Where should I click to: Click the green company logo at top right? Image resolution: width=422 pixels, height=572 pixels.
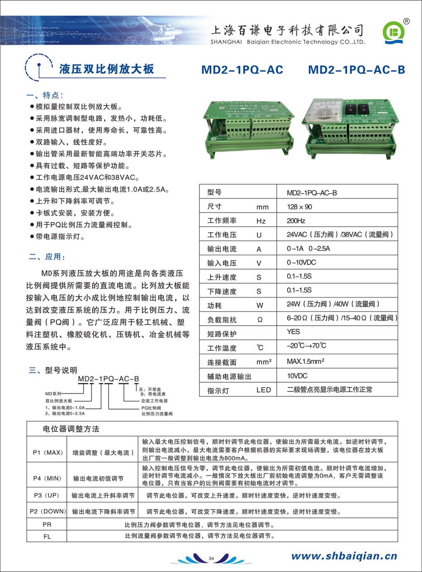pyautogui.click(x=393, y=33)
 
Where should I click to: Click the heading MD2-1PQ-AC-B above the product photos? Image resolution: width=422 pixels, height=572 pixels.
pyautogui.click(x=356, y=70)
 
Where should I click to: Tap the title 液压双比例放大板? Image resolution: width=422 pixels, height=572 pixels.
pyautogui.click(x=106, y=69)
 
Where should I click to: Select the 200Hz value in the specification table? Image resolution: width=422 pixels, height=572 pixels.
pyautogui.click(x=296, y=221)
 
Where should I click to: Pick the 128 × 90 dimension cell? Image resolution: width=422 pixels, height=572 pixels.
pyautogui.click(x=299, y=207)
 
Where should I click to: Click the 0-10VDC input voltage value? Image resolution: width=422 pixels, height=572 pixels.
pyautogui.click(x=301, y=262)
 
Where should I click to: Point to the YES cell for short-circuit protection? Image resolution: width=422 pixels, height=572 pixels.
pyautogui.click(x=293, y=332)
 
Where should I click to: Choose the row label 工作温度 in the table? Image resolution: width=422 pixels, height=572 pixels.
pyautogui.click(x=222, y=348)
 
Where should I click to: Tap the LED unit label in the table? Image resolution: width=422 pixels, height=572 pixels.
pyautogui.click(x=263, y=390)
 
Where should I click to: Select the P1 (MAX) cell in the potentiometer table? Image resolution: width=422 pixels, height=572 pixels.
pyautogui.click(x=48, y=453)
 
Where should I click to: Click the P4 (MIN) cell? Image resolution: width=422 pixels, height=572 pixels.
pyautogui.click(x=47, y=478)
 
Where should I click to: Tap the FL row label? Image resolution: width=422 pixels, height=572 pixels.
pyautogui.click(x=47, y=536)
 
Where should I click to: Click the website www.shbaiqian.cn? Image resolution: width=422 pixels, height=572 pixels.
pyautogui.click(x=344, y=556)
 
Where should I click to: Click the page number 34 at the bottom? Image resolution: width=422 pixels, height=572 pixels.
pyautogui.click(x=211, y=558)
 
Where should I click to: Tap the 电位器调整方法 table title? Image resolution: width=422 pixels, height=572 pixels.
pyautogui.click(x=71, y=429)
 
